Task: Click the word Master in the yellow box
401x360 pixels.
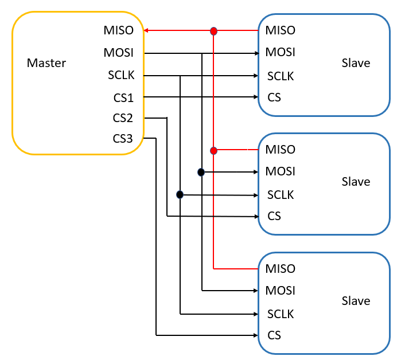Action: [x=46, y=63]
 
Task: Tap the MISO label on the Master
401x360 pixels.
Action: [x=119, y=30]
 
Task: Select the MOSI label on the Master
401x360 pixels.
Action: [x=119, y=53]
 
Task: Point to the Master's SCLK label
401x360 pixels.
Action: [x=120, y=75]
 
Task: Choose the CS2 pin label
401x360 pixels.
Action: [x=123, y=118]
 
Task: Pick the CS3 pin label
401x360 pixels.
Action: [x=123, y=139]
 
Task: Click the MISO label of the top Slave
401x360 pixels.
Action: [x=281, y=30]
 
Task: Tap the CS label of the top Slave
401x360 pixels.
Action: [x=274, y=97]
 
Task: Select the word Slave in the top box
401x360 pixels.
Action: [x=356, y=63]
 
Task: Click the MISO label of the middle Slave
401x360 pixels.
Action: [x=281, y=150]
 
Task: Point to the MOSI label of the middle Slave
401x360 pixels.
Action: [x=281, y=171]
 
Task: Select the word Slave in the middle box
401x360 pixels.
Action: [x=356, y=182]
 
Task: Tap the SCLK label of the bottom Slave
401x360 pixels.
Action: [x=281, y=314]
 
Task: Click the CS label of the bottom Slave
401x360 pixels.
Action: [x=274, y=335]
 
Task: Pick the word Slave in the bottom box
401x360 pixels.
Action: [x=356, y=301]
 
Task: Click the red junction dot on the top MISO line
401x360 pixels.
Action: [x=213, y=31]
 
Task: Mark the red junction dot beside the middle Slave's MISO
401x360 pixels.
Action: [x=213, y=151]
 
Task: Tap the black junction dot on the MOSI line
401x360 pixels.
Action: [x=201, y=172]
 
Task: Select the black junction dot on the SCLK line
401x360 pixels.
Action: [x=180, y=195]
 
